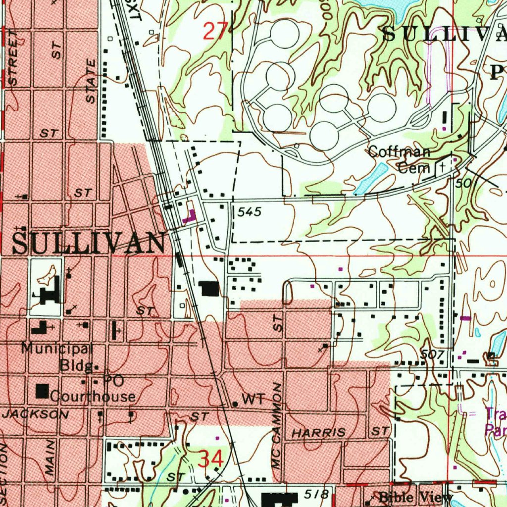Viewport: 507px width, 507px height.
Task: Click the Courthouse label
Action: [93, 397]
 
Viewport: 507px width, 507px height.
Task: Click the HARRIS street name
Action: [318, 433]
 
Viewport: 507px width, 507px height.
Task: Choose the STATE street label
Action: [91, 81]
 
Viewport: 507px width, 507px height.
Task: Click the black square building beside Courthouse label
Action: [43, 392]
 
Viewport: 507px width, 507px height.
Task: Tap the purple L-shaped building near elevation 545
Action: [189, 216]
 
